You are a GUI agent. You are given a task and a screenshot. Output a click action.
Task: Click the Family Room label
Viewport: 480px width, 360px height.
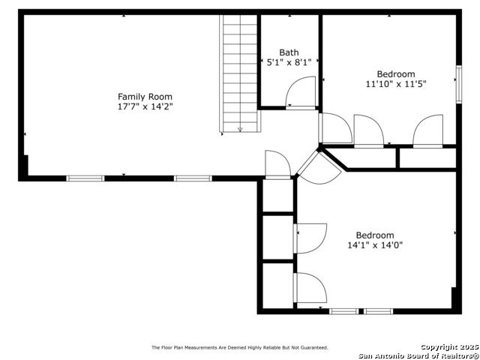(x=145, y=97)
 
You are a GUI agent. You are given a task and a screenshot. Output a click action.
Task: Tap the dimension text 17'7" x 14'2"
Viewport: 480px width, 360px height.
(x=145, y=106)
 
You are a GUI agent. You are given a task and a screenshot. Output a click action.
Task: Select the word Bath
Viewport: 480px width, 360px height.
(x=289, y=52)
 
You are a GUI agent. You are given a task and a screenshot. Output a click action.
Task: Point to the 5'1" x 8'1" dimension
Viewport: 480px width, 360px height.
(x=289, y=62)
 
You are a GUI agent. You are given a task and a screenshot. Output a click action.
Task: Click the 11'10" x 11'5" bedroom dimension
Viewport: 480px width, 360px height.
(x=396, y=84)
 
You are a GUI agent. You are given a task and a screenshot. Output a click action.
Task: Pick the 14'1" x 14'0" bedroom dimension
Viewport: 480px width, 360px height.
(x=375, y=245)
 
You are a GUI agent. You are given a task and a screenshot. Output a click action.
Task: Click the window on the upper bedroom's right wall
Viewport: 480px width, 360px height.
(x=458, y=84)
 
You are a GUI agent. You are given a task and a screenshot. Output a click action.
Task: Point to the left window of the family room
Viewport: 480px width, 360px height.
(x=85, y=178)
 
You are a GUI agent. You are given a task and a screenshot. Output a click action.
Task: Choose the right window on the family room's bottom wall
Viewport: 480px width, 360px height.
(x=193, y=178)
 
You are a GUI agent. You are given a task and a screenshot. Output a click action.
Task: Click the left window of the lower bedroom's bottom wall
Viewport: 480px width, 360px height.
(x=343, y=311)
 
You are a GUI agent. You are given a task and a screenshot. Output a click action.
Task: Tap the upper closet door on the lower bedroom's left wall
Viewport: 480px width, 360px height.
(x=310, y=238)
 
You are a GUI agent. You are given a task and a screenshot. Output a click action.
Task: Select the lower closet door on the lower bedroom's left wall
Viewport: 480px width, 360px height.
(x=310, y=288)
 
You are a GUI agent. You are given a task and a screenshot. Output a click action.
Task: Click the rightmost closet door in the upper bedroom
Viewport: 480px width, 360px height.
(x=427, y=131)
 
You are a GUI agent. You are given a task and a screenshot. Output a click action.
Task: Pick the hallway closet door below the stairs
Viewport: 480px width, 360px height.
(x=277, y=165)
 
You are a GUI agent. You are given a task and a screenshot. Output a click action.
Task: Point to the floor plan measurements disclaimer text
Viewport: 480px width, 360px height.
(x=240, y=347)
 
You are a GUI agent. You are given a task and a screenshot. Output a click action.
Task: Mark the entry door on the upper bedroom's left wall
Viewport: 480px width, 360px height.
(x=335, y=128)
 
